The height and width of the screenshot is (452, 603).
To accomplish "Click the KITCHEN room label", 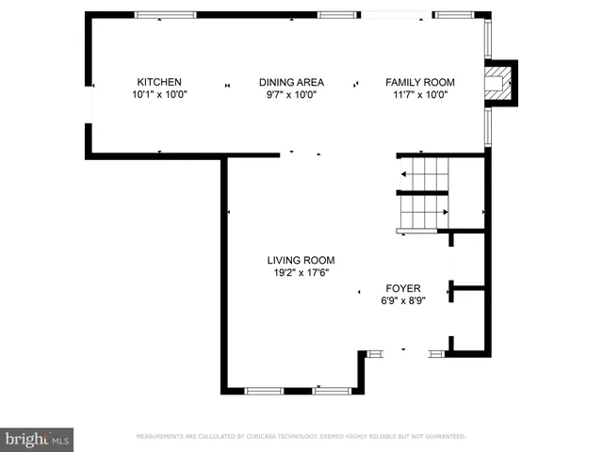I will tap(159, 82).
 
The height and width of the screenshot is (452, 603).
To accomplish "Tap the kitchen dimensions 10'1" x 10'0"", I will tap(159, 94).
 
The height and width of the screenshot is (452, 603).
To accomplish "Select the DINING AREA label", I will tap(291, 82).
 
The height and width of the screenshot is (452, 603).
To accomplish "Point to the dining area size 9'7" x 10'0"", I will tap(291, 94).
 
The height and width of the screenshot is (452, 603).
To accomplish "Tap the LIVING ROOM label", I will tap(301, 261).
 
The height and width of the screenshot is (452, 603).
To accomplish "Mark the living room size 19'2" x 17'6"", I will tap(301, 273).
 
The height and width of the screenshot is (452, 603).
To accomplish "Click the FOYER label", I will tap(403, 288).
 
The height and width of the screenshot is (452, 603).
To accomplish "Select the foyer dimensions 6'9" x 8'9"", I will tap(403, 301).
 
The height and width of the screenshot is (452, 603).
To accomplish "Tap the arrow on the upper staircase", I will tap(407, 174).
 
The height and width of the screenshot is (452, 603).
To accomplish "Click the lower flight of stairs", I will tap(423, 213).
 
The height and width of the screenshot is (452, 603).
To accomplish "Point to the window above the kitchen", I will tap(165, 15).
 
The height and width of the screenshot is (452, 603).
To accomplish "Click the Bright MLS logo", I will tap(38, 439).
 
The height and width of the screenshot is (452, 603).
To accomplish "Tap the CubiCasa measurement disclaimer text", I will tap(301, 437).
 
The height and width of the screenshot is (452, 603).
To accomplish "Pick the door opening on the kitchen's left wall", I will tap(89, 104).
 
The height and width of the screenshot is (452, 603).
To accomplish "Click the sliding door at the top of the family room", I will tap(396, 15).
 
